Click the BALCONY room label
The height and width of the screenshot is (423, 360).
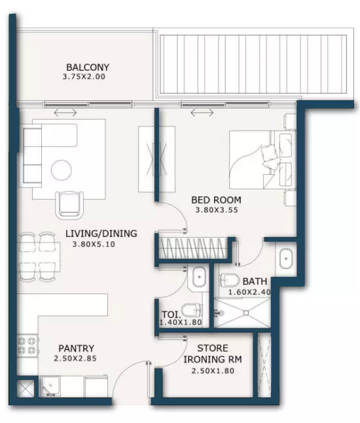point(88,67)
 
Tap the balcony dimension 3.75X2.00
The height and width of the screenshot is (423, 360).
point(84,77)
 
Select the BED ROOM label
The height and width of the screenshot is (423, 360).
point(216,200)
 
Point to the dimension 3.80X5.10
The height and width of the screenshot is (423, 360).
point(94,244)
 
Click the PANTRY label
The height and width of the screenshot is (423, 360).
point(77,348)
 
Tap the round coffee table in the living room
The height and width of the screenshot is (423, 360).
point(62,170)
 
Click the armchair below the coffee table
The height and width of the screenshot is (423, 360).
point(69,205)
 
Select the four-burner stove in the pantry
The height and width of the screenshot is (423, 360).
point(27,346)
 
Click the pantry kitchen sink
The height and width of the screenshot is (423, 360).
point(50,386)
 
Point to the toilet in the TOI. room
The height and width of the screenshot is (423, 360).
point(192,310)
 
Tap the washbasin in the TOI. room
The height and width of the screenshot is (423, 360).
point(199,277)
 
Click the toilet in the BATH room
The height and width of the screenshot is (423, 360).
point(230,280)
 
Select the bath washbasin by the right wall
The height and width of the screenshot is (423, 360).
point(286,259)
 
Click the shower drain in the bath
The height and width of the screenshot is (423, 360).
point(246,313)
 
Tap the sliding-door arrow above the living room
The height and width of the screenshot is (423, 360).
point(65,113)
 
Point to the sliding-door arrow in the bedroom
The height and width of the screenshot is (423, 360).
point(202,113)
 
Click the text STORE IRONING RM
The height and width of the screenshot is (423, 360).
point(213,354)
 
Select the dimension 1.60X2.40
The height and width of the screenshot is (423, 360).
point(249,292)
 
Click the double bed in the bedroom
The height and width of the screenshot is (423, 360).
point(261,160)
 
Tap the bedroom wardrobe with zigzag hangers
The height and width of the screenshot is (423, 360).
point(193,248)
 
